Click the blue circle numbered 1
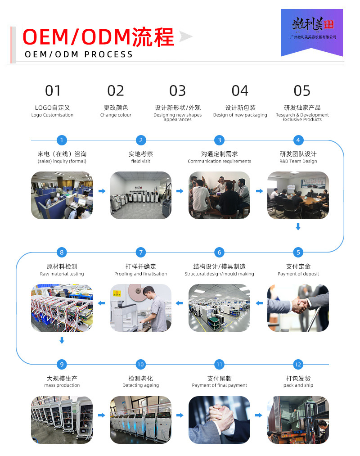(62, 140)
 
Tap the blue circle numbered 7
(141, 252)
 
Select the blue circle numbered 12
(297, 364)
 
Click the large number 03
(177, 91)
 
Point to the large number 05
(302, 91)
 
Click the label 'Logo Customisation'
(52, 115)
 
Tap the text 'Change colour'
(116, 115)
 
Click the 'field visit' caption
(141, 161)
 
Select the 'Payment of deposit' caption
(298, 274)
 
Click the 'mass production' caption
(62, 385)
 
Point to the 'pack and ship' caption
(298, 385)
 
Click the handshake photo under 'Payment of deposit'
(298, 308)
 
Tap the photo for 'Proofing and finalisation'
(141, 308)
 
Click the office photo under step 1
(62, 195)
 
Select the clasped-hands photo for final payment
(219, 420)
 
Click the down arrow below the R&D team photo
(298, 227)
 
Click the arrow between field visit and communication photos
(180, 191)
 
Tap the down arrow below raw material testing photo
(62, 340)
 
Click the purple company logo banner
(311, 32)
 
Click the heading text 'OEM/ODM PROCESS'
(79, 54)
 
